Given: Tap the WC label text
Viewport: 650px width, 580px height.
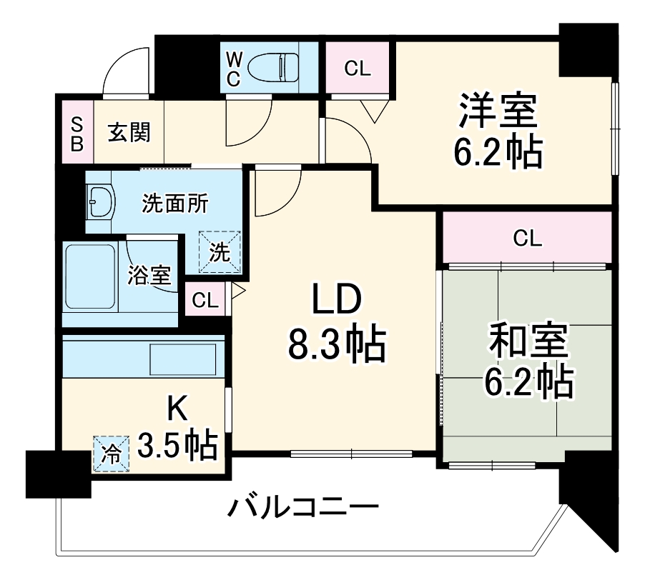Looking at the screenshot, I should click(234, 69).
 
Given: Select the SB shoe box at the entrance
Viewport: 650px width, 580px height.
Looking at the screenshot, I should click(77, 133).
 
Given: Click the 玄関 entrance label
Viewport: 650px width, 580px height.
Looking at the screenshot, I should click(129, 133).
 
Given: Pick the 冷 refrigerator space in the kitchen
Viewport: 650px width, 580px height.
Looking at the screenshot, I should click(110, 454).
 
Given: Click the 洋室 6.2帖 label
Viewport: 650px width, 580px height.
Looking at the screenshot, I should click(496, 129).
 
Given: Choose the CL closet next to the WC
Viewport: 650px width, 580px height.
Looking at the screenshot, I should click(357, 69).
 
